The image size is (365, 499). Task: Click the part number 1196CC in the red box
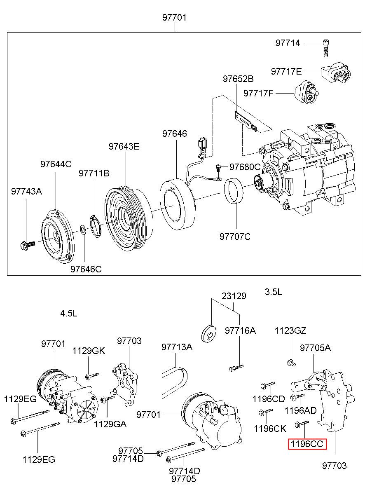[x=307, y=444]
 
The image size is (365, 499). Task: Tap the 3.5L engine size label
[x=274, y=292]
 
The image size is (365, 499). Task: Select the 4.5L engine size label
[x=69, y=313]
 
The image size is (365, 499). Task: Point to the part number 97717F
[x=258, y=93]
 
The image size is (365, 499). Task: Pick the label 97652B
[x=239, y=79]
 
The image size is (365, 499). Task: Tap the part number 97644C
[x=56, y=164]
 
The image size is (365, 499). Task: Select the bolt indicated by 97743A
[x=28, y=245]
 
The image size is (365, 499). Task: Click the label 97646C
[x=86, y=269]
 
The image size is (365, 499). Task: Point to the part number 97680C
[x=245, y=167]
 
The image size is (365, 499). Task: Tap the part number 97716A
[x=240, y=330]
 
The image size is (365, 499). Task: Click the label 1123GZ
[x=291, y=330]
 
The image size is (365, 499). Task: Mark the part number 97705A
[x=315, y=347]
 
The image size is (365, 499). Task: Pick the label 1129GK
[x=89, y=351]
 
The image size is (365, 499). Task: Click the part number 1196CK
[x=270, y=429]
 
